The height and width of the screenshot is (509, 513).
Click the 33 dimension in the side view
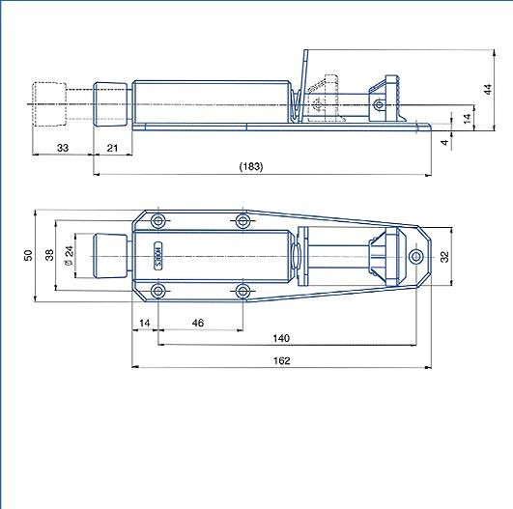click(63, 148)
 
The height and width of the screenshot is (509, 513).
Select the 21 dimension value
click(112, 148)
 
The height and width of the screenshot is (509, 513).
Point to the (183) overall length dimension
click(251, 166)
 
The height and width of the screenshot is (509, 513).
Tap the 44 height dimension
click(488, 89)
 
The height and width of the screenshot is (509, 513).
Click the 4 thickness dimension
click(444, 142)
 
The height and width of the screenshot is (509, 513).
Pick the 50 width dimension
click(28, 255)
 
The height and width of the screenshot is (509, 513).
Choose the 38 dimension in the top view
click(49, 255)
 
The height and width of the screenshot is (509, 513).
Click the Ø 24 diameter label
click(69, 256)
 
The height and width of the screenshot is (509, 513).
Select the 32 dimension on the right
click(444, 257)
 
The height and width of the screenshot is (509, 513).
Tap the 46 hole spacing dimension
click(198, 323)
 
